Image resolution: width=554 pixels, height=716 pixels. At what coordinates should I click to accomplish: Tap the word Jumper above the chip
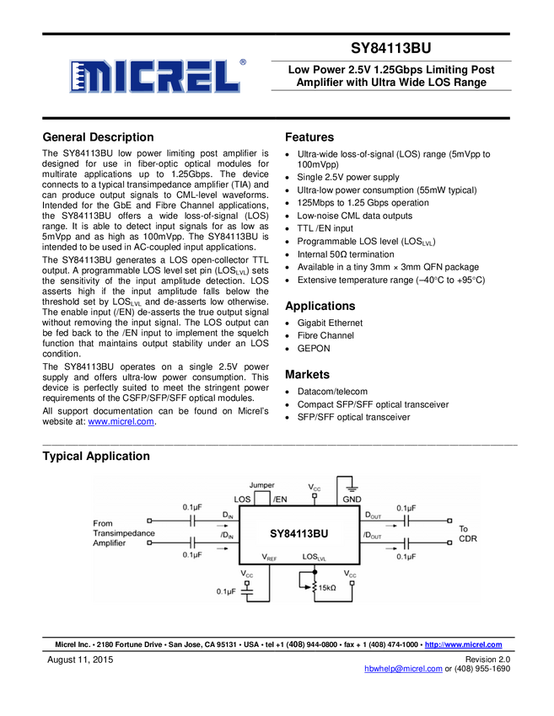pyautogui.click(x=262, y=486)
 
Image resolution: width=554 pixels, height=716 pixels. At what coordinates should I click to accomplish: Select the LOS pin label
pyautogui.click(x=242, y=500)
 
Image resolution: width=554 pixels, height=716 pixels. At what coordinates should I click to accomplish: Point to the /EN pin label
pyautogui.click(x=279, y=500)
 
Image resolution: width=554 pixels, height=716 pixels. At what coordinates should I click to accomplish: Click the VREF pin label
pyautogui.click(x=269, y=557)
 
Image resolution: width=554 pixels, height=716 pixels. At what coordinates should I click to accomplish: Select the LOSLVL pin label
pyautogui.click(x=315, y=557)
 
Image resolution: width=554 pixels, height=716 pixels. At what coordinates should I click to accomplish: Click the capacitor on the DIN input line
pyautogui.click(x=192, y=521)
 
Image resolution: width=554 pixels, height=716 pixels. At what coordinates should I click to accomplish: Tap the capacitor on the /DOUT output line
pyautogui.click(x=406, y=543)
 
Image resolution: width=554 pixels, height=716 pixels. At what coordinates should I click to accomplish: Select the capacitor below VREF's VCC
pyautogui.click(x=247, y=591)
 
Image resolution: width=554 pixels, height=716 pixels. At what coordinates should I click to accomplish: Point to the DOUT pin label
pyautogui.click(x=373, y=514)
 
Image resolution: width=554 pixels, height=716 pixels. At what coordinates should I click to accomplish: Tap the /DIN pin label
pyautogui.click(x=227, y=536)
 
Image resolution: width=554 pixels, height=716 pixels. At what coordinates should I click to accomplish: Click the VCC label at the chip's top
pyautogui.click(x=315, y=487)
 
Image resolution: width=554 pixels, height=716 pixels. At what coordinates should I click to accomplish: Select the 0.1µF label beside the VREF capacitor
pyautogui.click(x=225, y=591)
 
